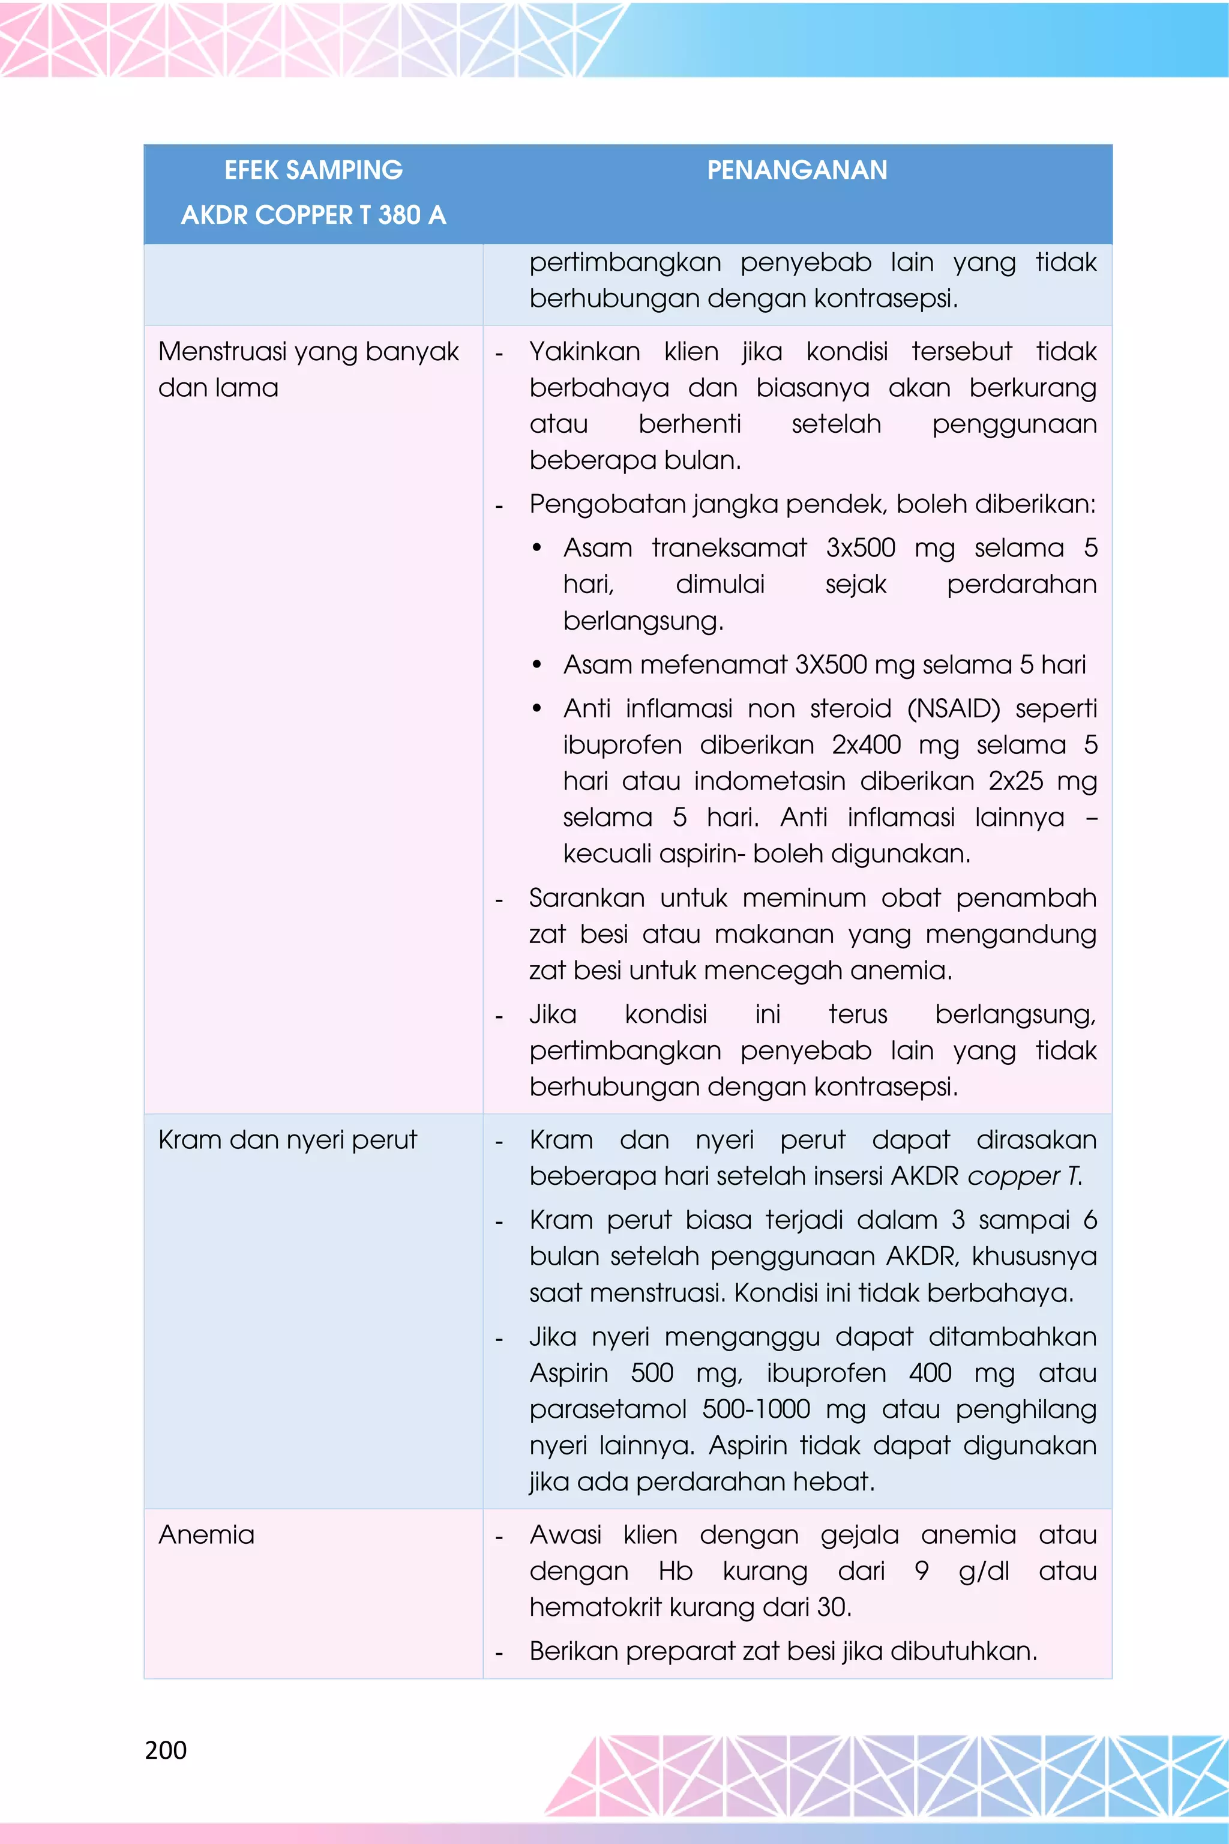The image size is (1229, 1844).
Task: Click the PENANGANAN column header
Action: tap(797, 170)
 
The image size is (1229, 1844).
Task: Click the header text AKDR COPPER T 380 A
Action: tap(313, 215)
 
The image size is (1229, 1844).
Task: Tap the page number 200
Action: tap(166, 1750)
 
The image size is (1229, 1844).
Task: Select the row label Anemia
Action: tap(206, 1534)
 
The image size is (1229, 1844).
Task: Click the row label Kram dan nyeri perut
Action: tap(287, 1139)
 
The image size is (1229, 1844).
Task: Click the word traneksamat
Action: tap(729, 547)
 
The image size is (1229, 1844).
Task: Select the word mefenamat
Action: tap(712, 664)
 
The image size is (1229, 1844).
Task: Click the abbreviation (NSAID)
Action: tap(953, 708)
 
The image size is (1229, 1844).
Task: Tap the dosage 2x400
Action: tap(866, 744)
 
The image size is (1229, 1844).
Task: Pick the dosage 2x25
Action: tap(1016, 781)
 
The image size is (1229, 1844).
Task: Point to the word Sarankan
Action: tap(586, 898)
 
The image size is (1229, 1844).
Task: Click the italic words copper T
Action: tap(1024, 1175)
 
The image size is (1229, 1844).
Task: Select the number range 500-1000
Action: tap(756, 1409)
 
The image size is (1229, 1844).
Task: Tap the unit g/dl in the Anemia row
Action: tap(984, 1570)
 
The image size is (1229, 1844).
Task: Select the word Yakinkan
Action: tap(584, 351)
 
